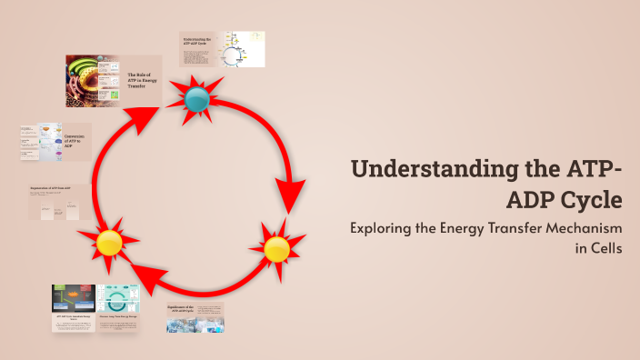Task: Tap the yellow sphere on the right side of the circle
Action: pos(276,247)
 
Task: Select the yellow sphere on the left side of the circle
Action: pos(109,243)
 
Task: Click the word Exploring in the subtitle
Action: pos(383,228)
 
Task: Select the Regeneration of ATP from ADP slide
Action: pos(62,201)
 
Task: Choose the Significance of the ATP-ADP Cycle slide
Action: pos(195,316)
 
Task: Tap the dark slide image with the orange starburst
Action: pos(74,298)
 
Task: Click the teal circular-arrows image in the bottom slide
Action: pos(117,299)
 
